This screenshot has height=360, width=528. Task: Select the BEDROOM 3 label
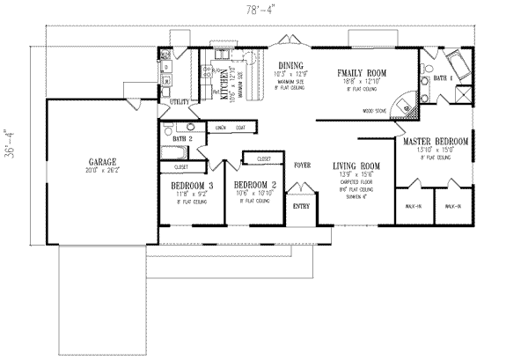pos(191,186)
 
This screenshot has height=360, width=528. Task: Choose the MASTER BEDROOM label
pos(436,141)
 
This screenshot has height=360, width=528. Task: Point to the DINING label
pos(290,65)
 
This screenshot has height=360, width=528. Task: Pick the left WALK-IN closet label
pos(412,206)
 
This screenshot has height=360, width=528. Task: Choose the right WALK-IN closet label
pos(453,206)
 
